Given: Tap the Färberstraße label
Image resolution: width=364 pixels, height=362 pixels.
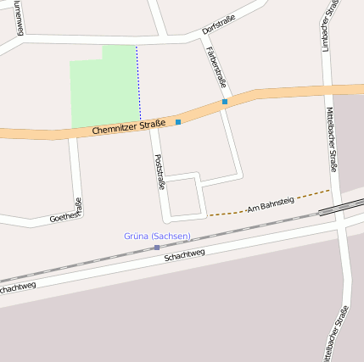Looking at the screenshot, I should point(216,67).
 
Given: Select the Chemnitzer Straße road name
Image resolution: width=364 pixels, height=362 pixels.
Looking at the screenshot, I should point(127,128).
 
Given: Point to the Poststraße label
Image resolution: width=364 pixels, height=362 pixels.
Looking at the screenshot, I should point(159,172).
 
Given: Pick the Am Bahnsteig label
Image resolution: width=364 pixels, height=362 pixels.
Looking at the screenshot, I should point(270,203).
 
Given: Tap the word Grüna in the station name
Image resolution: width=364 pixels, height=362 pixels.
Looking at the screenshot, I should point(136,236).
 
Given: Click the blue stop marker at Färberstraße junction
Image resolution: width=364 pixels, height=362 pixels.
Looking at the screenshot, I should point(225,103).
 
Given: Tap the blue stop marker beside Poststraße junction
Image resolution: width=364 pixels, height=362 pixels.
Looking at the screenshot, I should point(178,122).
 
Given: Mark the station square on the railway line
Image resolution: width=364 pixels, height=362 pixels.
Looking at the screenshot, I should point(157,247).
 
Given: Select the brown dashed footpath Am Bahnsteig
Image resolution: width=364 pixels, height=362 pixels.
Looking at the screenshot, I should point(229,211).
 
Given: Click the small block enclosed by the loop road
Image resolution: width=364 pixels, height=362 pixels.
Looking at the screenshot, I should point(185,196).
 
